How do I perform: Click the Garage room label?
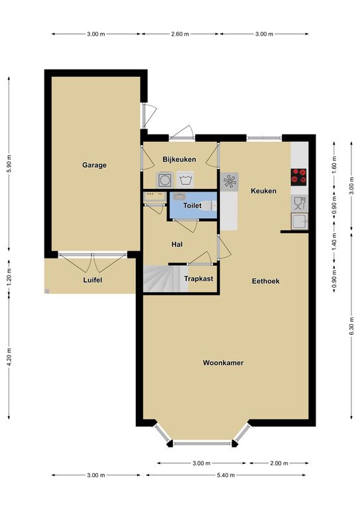tap(94, 165)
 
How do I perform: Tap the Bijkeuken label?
tap(179, 159)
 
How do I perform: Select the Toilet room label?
tap(192, 205)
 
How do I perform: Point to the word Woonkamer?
tap(223, 363)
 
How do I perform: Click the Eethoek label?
tap(266, 281)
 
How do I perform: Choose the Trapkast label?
tap(198, 278)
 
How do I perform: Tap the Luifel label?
tap(93, 280)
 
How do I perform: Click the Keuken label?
tap(263, 191)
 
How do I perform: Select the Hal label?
tap(177, 245)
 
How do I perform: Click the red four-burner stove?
tap(298, 177)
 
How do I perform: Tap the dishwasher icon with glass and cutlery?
tap(299, 203)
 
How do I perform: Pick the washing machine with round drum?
tap(165, 180)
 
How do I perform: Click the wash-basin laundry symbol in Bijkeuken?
tap(185, 180)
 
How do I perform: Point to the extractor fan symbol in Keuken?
tap(229, 182)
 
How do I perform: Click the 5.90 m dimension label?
tap(9, 164)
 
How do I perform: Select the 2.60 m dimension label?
tap(180, 34)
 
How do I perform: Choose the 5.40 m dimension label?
tap(225, 475)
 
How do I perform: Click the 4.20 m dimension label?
tap(9, 357)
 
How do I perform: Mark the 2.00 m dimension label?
tap(279, 463)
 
